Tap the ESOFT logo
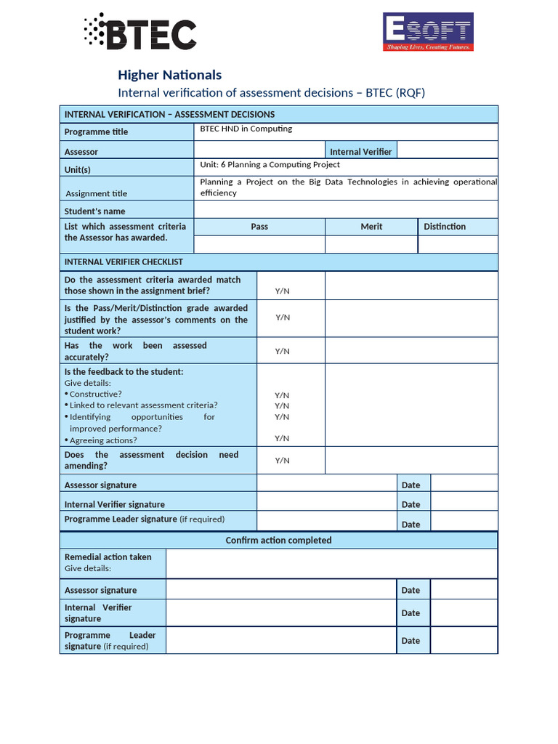[428, 32]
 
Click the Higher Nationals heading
[169, 75]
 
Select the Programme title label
[96, 132]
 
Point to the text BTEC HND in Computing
[246, 129]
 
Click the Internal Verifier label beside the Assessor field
[360, 152]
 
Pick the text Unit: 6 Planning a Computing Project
[270, 165]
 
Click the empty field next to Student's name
[345, 210]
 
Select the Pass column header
[259, 227]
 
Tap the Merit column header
[371, 227]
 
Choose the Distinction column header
[445, 227]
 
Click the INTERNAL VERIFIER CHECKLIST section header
[124, 262]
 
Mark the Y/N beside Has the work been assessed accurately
[282, 351]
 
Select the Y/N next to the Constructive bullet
[282, 395]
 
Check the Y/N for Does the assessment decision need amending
[282, 461]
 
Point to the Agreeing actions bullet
[102, 440]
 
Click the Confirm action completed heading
[278, 541]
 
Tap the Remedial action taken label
[108, 557]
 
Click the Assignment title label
[97, 194]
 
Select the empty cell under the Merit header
[371, 244]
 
